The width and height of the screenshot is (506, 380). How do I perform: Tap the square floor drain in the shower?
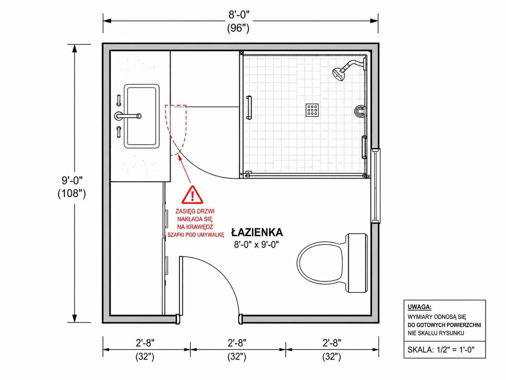(x=312, y=110)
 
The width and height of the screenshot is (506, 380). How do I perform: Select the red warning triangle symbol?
(x=192, y=195)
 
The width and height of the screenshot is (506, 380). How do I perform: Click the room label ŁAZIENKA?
(x=257, y=232)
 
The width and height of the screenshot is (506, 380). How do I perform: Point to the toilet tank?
(x=357, y=263)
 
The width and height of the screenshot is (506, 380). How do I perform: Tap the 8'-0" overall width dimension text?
(x=239, y=15)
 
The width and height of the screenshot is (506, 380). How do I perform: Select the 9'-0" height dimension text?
(x=72, y=180)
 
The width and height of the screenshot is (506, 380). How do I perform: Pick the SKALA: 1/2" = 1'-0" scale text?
(x=441, y=350)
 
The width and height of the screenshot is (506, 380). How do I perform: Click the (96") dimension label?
(x=238, y=28)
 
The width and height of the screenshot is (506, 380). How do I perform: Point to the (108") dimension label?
(x=72, y=193)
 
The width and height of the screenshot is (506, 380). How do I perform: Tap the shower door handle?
(x=249, y=107)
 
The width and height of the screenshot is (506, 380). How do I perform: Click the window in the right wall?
(x=376, y=186)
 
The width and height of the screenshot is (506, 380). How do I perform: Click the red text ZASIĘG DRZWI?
(x=195, y=211)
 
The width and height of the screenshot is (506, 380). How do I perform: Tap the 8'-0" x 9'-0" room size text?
(x=256, y=245)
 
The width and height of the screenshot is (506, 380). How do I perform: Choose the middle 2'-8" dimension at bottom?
(x=237, y=343)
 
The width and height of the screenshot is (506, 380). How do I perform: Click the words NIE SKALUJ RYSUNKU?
(x=436, y=333)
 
